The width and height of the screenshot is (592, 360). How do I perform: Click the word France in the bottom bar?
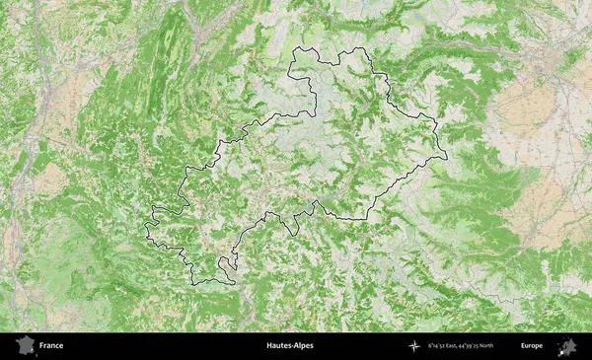pyautogui.click(x=51, y=346)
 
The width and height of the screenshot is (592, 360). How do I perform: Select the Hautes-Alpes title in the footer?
pyautogui.click(x=289, y=346)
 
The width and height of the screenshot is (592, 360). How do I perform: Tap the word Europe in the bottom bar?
pyautogui.click(x=532, y=346)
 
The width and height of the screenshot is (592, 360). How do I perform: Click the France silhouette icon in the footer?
pyautogui.click(x=23, y=346)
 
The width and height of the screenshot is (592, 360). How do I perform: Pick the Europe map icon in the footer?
pyautogui.click(x=567, y=346)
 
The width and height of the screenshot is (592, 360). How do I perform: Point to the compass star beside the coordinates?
pyautogui.click(x=414, y=346)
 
